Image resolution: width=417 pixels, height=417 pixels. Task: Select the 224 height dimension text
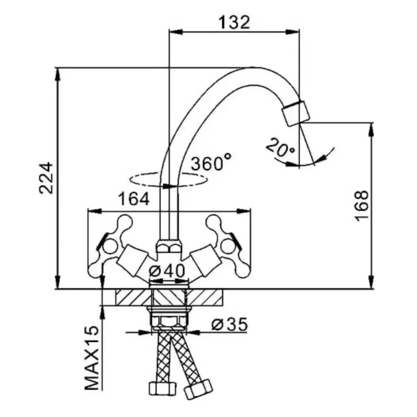[x=46, y=178]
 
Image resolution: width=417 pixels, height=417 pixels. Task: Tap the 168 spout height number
[x=362, y=206]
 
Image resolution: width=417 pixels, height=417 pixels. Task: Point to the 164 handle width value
[x=134, y=199]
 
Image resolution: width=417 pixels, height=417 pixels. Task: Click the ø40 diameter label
[x=167, y=271]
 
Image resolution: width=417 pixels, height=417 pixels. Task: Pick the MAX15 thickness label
[x=92, y=358]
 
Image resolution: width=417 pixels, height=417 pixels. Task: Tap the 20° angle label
[x=280, y=148]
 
